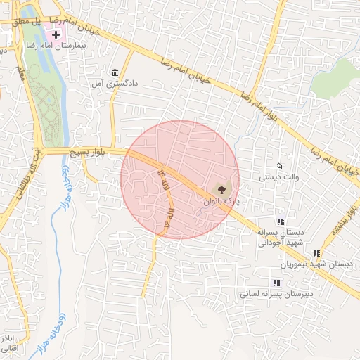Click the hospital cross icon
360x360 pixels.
[x=56, y=34]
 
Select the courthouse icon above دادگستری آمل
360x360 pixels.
[x=115, y=72]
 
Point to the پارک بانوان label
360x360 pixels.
[x=222, y=201]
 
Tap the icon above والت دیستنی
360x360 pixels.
[x=279, y=167]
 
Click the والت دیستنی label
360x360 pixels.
[x=279, y=177]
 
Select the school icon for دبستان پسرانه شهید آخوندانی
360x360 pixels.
[x=281, y=221]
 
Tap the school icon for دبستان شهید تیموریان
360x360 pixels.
[x=317, y=253]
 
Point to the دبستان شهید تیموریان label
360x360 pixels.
[x=316, y=264]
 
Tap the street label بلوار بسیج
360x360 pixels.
[x=86, y=152]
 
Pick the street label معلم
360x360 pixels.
[x=21, y=70]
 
